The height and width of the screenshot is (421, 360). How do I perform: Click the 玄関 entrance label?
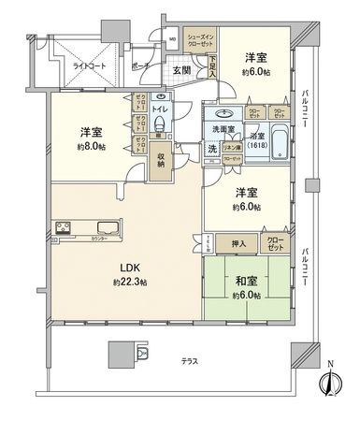182,70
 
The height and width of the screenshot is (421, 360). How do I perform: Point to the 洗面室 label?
222,130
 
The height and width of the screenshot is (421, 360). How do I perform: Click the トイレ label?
160,109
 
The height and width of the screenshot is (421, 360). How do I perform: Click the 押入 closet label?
238,243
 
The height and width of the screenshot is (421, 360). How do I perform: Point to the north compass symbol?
328,384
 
